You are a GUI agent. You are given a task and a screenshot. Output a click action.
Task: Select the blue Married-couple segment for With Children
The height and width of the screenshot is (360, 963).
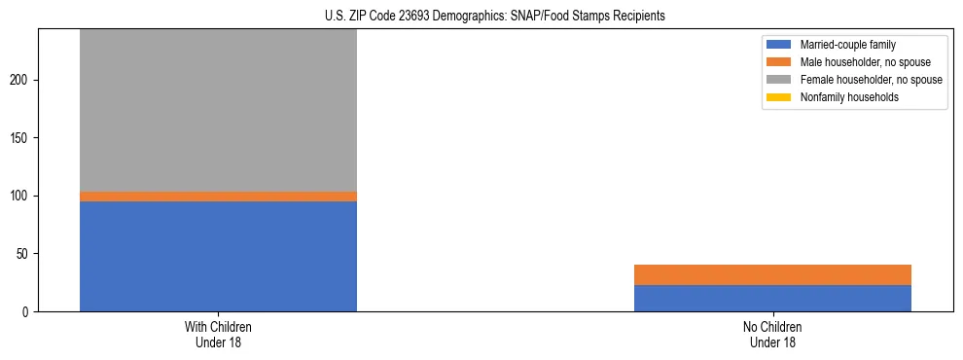point(218,256)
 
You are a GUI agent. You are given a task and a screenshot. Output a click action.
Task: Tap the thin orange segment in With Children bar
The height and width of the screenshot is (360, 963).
point(218,197)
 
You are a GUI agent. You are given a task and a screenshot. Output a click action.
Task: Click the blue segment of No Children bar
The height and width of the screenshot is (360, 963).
point(772,298)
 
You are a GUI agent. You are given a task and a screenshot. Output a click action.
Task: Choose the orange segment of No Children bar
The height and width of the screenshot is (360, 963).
point(772,274)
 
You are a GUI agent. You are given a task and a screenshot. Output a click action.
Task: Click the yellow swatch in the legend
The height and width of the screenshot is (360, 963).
point(779,97)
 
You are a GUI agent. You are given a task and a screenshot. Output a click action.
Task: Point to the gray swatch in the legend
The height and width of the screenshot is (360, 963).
point(779,80)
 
